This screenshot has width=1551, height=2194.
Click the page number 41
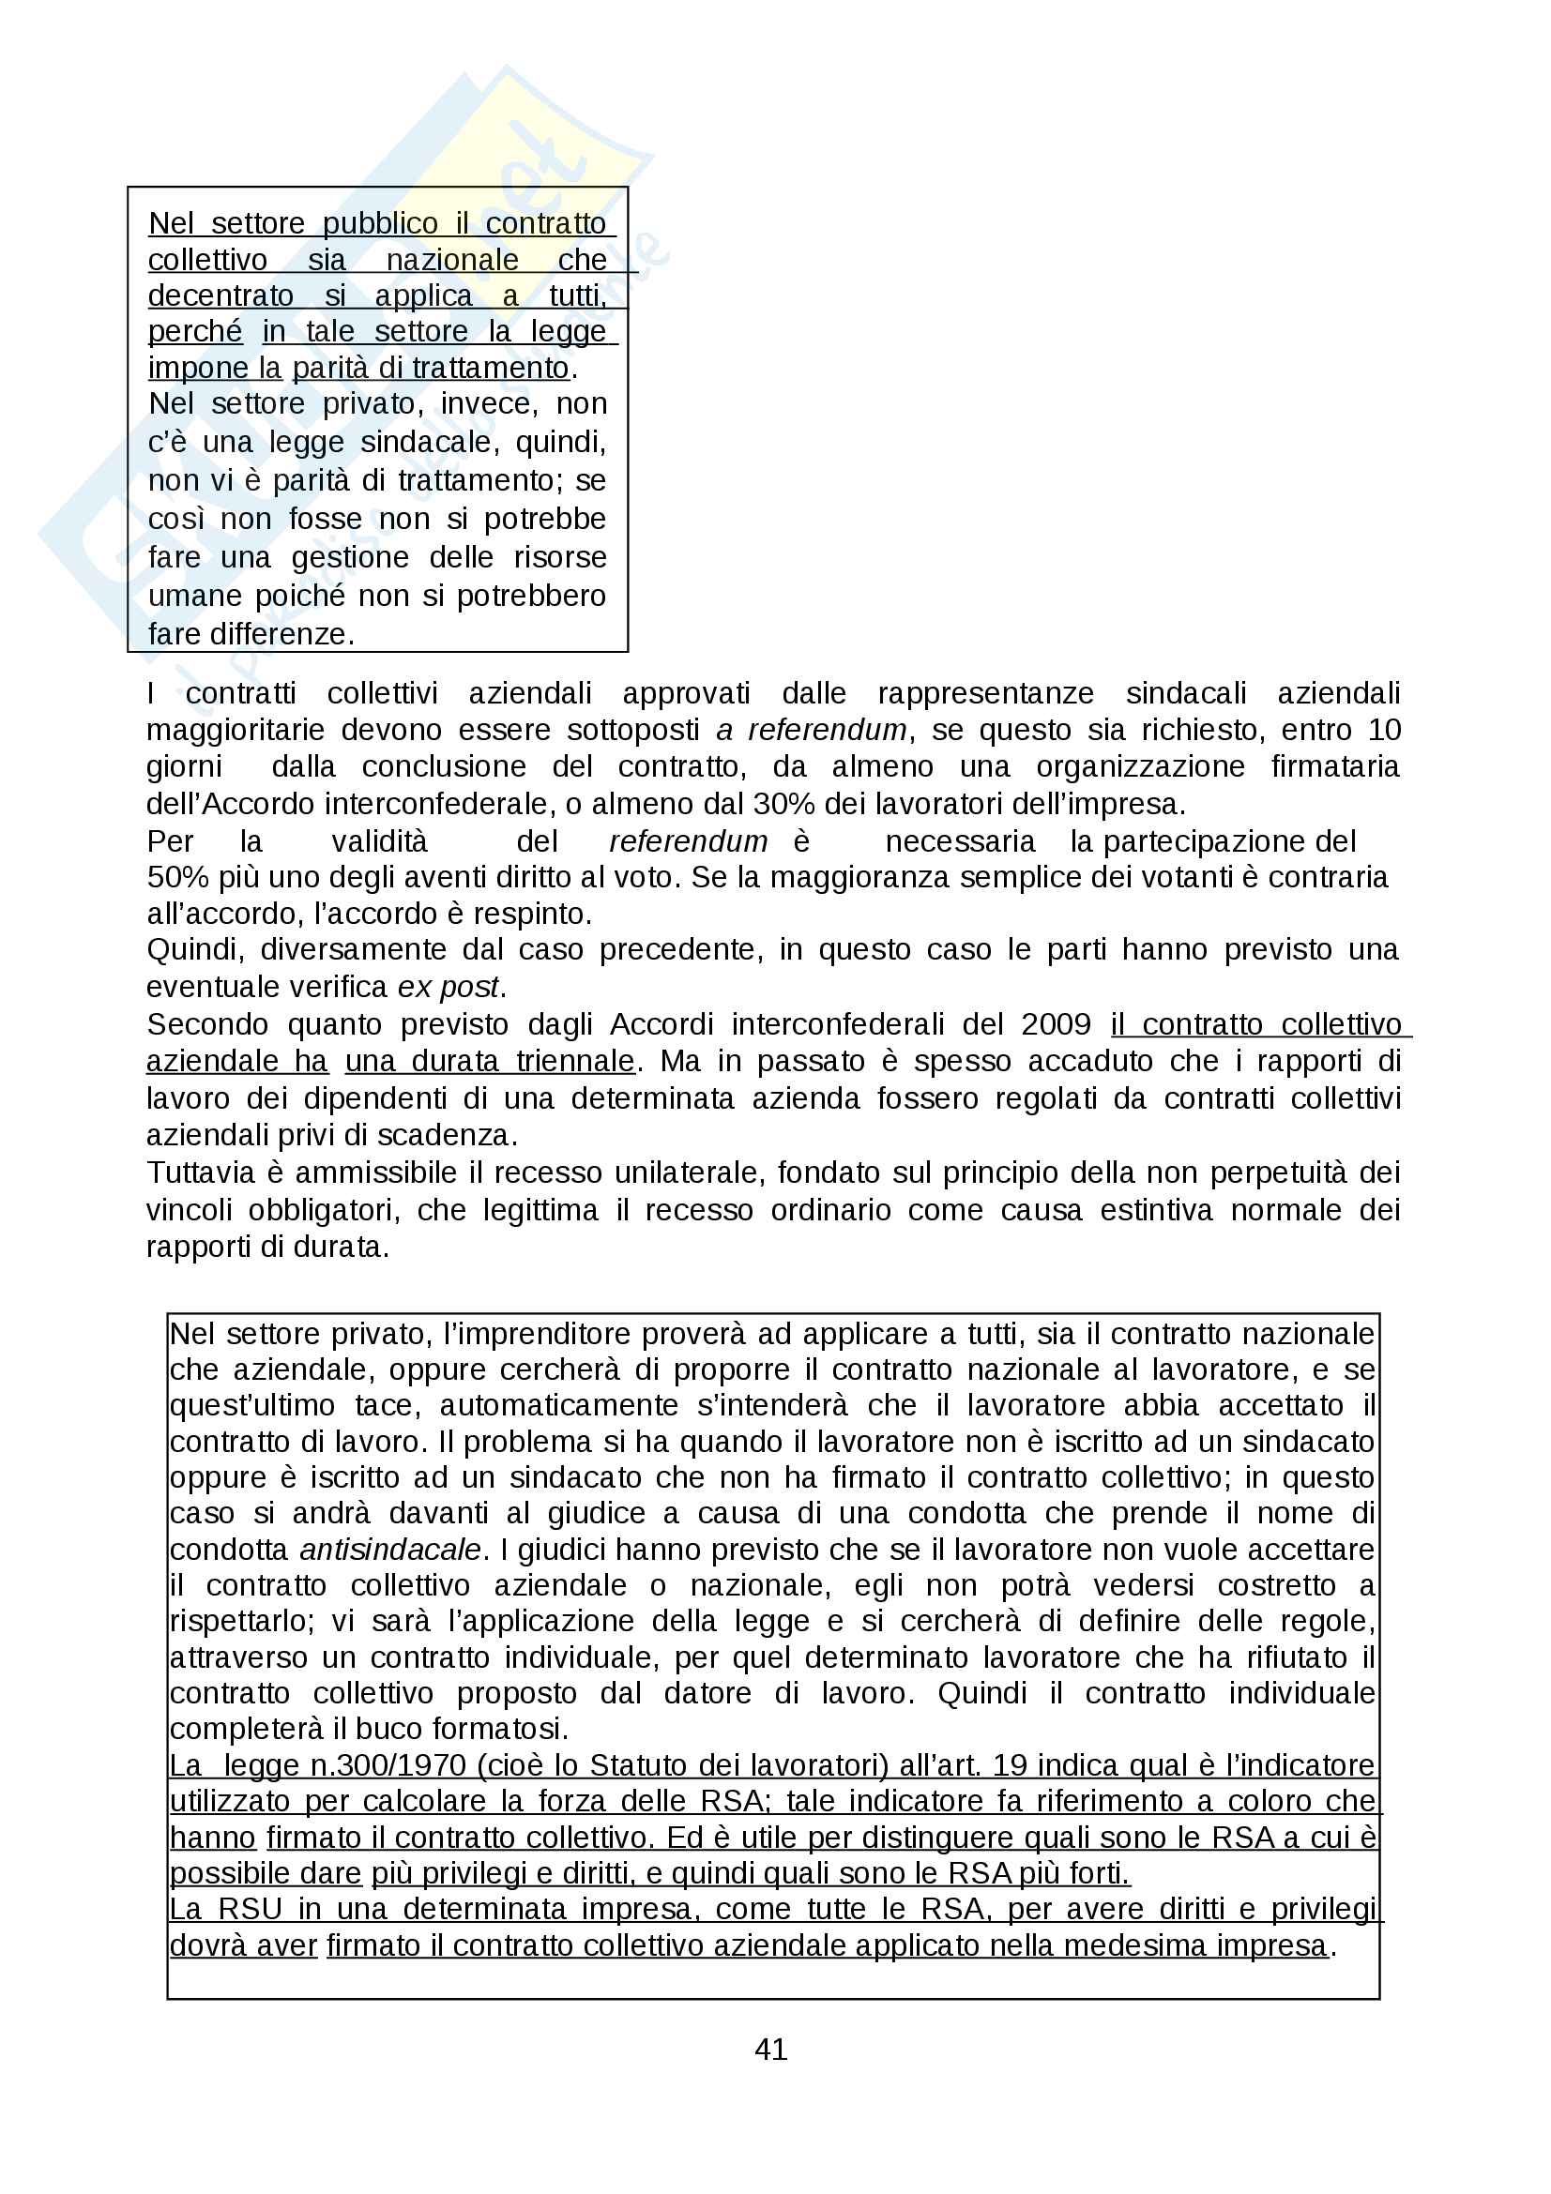pyautogui.click(x=771, y=2049)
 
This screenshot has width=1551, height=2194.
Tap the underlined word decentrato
pyautogui.click(x=220, y=296)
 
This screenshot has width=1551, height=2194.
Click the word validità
pyautogui.click(x=379, y=841)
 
